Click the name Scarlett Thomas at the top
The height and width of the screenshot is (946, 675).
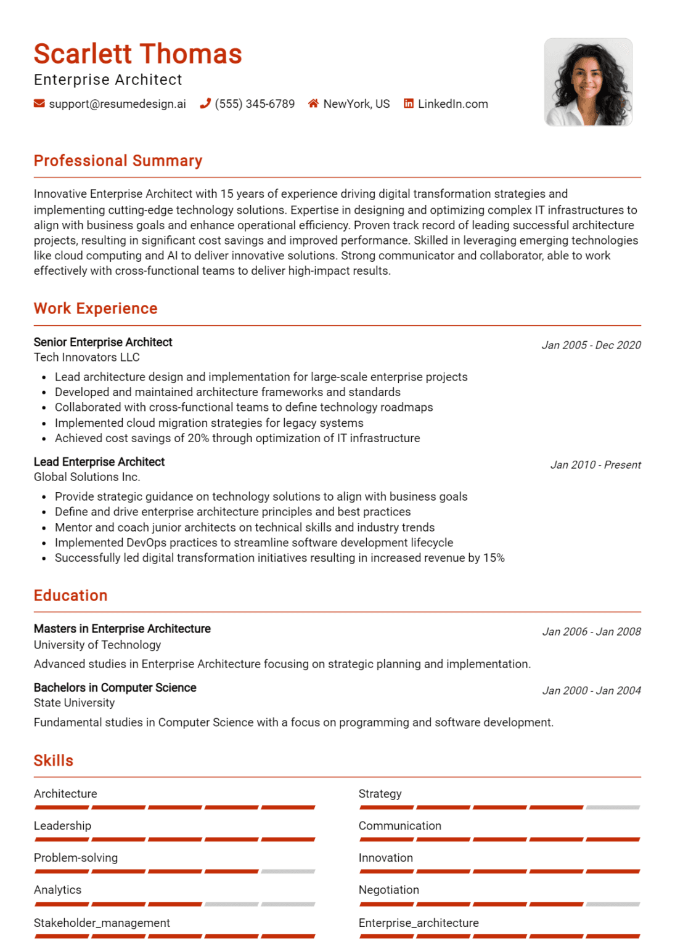click(137, 54)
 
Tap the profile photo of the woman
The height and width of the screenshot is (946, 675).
click(588, 82)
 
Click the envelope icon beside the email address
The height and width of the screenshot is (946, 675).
click(39, 103)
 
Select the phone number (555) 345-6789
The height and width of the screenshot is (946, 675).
click(254, 104)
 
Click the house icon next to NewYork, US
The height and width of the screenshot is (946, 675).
click(313, 103)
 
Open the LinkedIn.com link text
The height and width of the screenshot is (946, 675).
click(452, 104)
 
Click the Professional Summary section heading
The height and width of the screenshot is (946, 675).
click(118, 161)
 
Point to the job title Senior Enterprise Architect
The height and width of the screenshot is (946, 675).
click(103, 342)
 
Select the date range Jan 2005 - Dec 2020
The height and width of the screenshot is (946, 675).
click(591, 345)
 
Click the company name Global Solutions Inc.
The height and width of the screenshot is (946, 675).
click(87, 477)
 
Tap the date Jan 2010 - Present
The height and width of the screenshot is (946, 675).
click(595, 465)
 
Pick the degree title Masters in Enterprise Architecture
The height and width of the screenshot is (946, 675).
click(122, 629)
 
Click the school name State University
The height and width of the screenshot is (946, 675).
click(74, 703)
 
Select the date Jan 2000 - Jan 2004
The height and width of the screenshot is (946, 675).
click(591, 690)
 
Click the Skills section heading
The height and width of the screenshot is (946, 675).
click(54, 761)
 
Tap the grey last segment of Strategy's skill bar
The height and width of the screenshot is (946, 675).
click(613, 807)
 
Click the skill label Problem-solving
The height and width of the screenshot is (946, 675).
click(76, 858)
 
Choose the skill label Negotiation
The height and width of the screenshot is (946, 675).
click(388, 890)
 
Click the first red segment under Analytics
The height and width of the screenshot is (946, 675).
click(62, 904)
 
